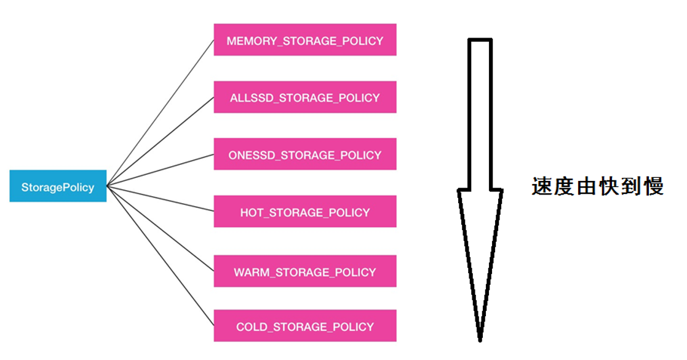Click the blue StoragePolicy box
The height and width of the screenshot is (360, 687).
pyautogui.click(x=58, y=186)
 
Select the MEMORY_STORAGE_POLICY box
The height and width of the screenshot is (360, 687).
pyautogui.click(x=304, y=40)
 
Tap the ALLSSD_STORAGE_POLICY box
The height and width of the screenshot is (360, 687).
pyautogui.click(x=304, y=97)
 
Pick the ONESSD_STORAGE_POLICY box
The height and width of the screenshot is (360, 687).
pyautogui.click(x=304, y=154)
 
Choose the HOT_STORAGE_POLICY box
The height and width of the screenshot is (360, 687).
pyautogui.click(x=304, y=212)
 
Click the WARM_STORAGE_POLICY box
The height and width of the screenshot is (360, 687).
pyautogui.click(x=304, y=271)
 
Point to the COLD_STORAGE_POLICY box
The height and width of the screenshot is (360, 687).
pyautogui.click(x=304, y=326)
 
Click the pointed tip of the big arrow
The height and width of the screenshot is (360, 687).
pyautogui.click(x=479, y=337)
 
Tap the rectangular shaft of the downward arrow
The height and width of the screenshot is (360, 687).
pyautogui.click(x=480, y=111)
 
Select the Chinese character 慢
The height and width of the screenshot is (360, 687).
pyautogui.click(x=653, y=186)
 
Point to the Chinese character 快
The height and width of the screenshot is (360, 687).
pyautogui.click(x=608, y=186)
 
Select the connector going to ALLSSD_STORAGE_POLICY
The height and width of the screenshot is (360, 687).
pyautogui.click(x=160, y=141)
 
